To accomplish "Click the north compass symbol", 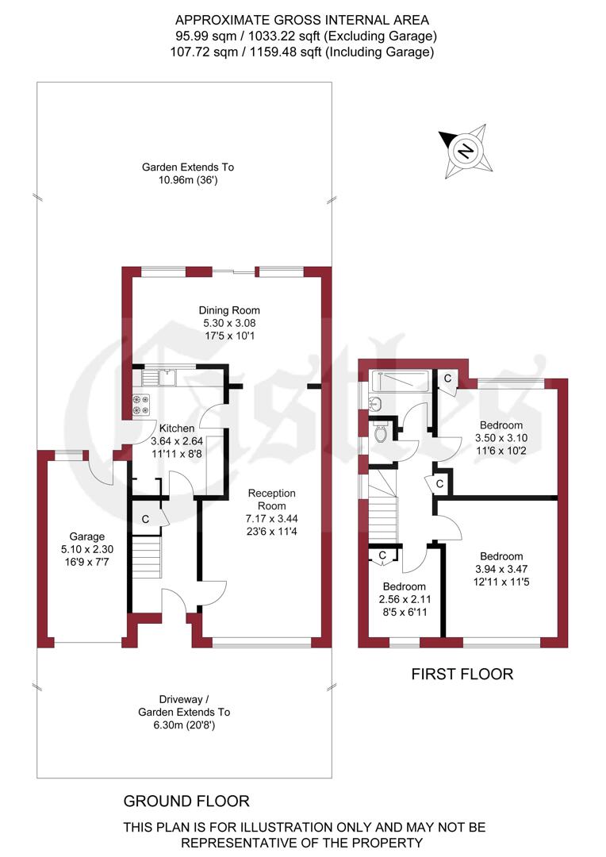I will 464,149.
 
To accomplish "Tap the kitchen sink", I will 167,377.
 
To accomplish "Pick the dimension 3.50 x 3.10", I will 500,438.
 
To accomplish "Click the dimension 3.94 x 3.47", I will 501,569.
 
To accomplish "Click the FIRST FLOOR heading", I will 462,674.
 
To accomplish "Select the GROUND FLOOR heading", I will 186,801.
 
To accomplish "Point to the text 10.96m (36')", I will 188,180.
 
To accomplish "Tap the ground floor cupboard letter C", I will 145,519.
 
